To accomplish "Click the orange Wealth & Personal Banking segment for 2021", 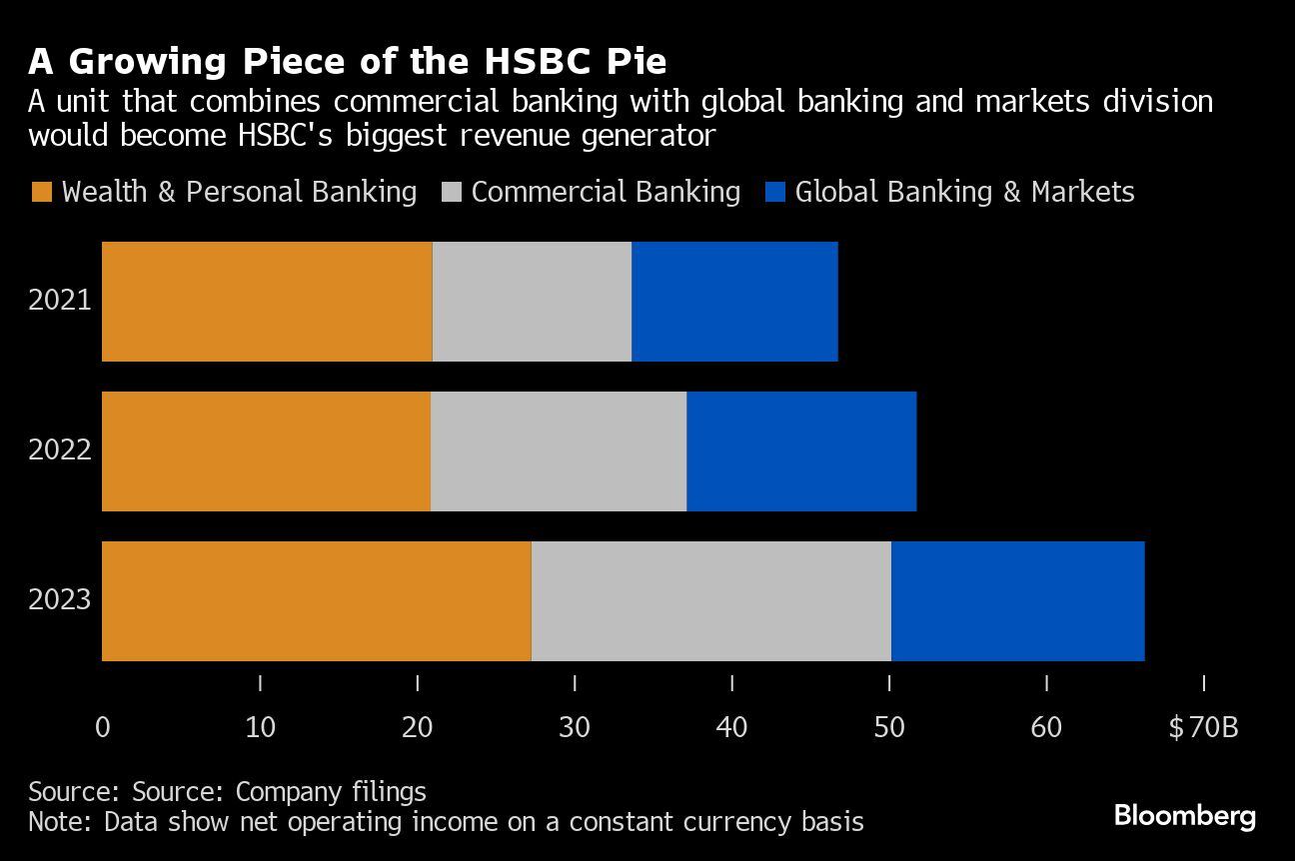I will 267,302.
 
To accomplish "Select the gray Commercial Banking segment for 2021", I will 532,302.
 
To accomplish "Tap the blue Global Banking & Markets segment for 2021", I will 734,302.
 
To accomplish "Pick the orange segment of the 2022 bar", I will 266,451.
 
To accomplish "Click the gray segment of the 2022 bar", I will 559,451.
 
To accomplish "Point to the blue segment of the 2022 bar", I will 801,451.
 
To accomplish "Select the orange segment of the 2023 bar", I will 316,601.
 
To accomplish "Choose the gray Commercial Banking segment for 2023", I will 710,601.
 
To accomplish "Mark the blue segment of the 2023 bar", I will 1017,601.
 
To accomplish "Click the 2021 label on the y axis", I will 60,300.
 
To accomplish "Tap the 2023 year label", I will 60,599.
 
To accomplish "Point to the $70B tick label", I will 1203,727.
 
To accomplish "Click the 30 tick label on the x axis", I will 575,727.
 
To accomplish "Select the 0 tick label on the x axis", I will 103,727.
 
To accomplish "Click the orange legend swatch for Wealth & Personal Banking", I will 41,193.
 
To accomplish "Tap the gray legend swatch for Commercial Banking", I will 451,193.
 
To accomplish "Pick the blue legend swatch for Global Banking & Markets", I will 774,193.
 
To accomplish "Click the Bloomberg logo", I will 1184,816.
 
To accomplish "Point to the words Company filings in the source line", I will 331,792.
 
